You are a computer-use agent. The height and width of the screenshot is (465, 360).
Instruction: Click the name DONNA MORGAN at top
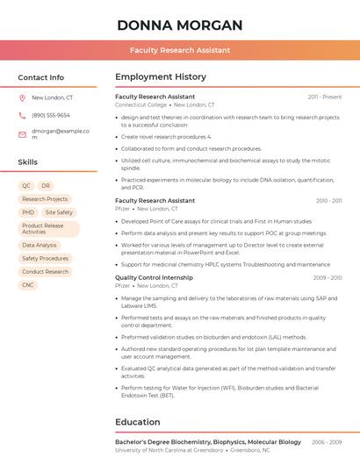(x=180, y=25)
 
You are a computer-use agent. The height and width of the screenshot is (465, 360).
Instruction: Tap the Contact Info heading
(x=41, y=77)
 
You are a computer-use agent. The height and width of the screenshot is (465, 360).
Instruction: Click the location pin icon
(x=22, y=98)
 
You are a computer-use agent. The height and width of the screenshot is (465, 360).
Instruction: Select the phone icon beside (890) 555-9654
(x=22, y=116)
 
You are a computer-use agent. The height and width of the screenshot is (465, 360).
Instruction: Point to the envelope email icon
(x=22, y=134)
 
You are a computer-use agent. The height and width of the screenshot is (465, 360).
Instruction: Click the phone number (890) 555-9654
(x=51, y=116)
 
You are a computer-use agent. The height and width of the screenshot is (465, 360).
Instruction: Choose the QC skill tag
(x=26, y=186)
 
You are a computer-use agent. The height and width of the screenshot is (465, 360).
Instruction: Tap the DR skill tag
(x=46, y=186)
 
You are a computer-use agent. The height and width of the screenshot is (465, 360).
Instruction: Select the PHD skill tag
(x=28, y=212)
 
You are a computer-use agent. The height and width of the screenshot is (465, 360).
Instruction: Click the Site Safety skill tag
(x=59, y=212)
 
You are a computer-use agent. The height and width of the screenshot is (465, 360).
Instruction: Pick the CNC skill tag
(x=28, y=285)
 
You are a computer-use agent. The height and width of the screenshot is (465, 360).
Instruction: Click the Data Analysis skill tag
(x=40, y=246)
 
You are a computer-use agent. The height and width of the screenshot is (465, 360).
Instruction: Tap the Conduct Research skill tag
(x=46, y=272)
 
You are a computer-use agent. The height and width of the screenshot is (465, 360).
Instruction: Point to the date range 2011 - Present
(x=325, y=97)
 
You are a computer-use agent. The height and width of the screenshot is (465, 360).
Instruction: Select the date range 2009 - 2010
(x=328, y=277)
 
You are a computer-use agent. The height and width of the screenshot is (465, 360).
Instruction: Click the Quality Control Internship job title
(x=154, y=277)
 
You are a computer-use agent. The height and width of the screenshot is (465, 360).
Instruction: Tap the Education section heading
(x=138, y=422)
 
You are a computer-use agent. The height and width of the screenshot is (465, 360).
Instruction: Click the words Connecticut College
(x=140, y=104)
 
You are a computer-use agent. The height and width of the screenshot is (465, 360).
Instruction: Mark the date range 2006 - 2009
(x=327, y=442)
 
